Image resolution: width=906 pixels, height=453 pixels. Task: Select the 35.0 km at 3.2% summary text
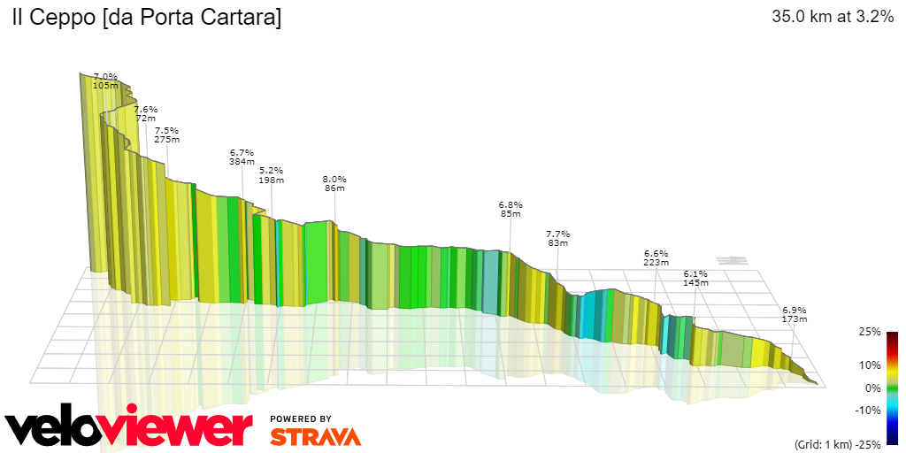[832, 17]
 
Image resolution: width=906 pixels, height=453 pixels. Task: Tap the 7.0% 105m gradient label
[105, 81]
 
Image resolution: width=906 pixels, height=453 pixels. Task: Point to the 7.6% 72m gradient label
[145, 113]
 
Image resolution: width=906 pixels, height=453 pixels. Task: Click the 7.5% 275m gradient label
[166, 134]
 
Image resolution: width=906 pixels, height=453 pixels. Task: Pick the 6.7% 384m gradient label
[242, 157]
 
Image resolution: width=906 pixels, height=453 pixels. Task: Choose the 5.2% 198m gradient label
[271, 175]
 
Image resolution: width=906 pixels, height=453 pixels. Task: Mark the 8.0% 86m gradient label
[334, 183]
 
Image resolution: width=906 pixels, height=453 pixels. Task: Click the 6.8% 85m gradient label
[511, 209]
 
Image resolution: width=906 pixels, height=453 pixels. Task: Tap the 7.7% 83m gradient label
[557, 238]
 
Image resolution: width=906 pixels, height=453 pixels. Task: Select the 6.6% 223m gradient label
[656, 257]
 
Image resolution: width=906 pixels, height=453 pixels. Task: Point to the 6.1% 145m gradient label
[695, 278]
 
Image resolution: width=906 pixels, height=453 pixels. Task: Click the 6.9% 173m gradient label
[794, 313]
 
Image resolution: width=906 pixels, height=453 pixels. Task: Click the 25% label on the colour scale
[870, 332]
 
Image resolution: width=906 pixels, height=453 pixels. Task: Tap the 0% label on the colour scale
[872, 388]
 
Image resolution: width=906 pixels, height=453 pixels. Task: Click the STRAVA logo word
[315, 436]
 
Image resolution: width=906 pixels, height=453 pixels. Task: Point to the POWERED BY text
[301, 418]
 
